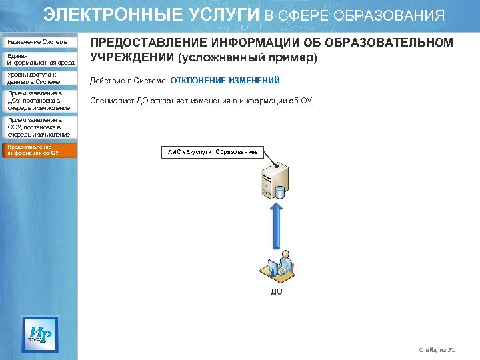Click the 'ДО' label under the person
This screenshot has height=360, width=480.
click(276, 291)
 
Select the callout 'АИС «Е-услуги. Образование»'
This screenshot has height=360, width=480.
click(212, 152)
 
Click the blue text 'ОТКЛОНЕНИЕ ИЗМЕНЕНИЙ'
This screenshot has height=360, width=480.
click(225, 81)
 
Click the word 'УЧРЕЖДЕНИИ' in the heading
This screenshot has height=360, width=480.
click(137, 58)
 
